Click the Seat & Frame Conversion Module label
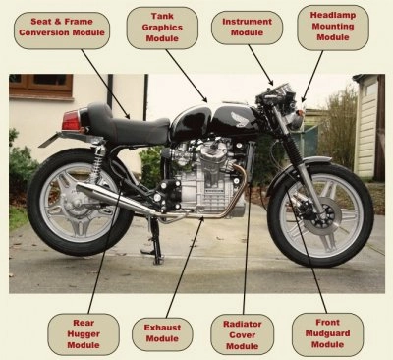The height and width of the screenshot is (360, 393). click(62, 30)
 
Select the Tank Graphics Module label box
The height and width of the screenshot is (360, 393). click(162, 28)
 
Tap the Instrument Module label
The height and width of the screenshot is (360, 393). click(247, 28)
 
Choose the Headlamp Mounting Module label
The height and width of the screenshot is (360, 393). click(333, 27)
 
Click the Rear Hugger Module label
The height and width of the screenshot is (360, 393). click(84, 334)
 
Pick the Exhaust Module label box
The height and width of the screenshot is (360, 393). click(162, 333)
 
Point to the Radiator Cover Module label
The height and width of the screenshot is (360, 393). click(242, 334)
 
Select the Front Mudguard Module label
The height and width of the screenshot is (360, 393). click(327, 334)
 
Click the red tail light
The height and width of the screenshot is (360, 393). click(71, 120)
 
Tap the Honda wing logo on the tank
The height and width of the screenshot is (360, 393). click(242, 119)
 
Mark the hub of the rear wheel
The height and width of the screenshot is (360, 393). click(76, 205)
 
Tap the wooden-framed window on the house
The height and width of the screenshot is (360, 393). click(41, 87)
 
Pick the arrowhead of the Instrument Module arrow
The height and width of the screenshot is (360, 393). click(270, 82)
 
